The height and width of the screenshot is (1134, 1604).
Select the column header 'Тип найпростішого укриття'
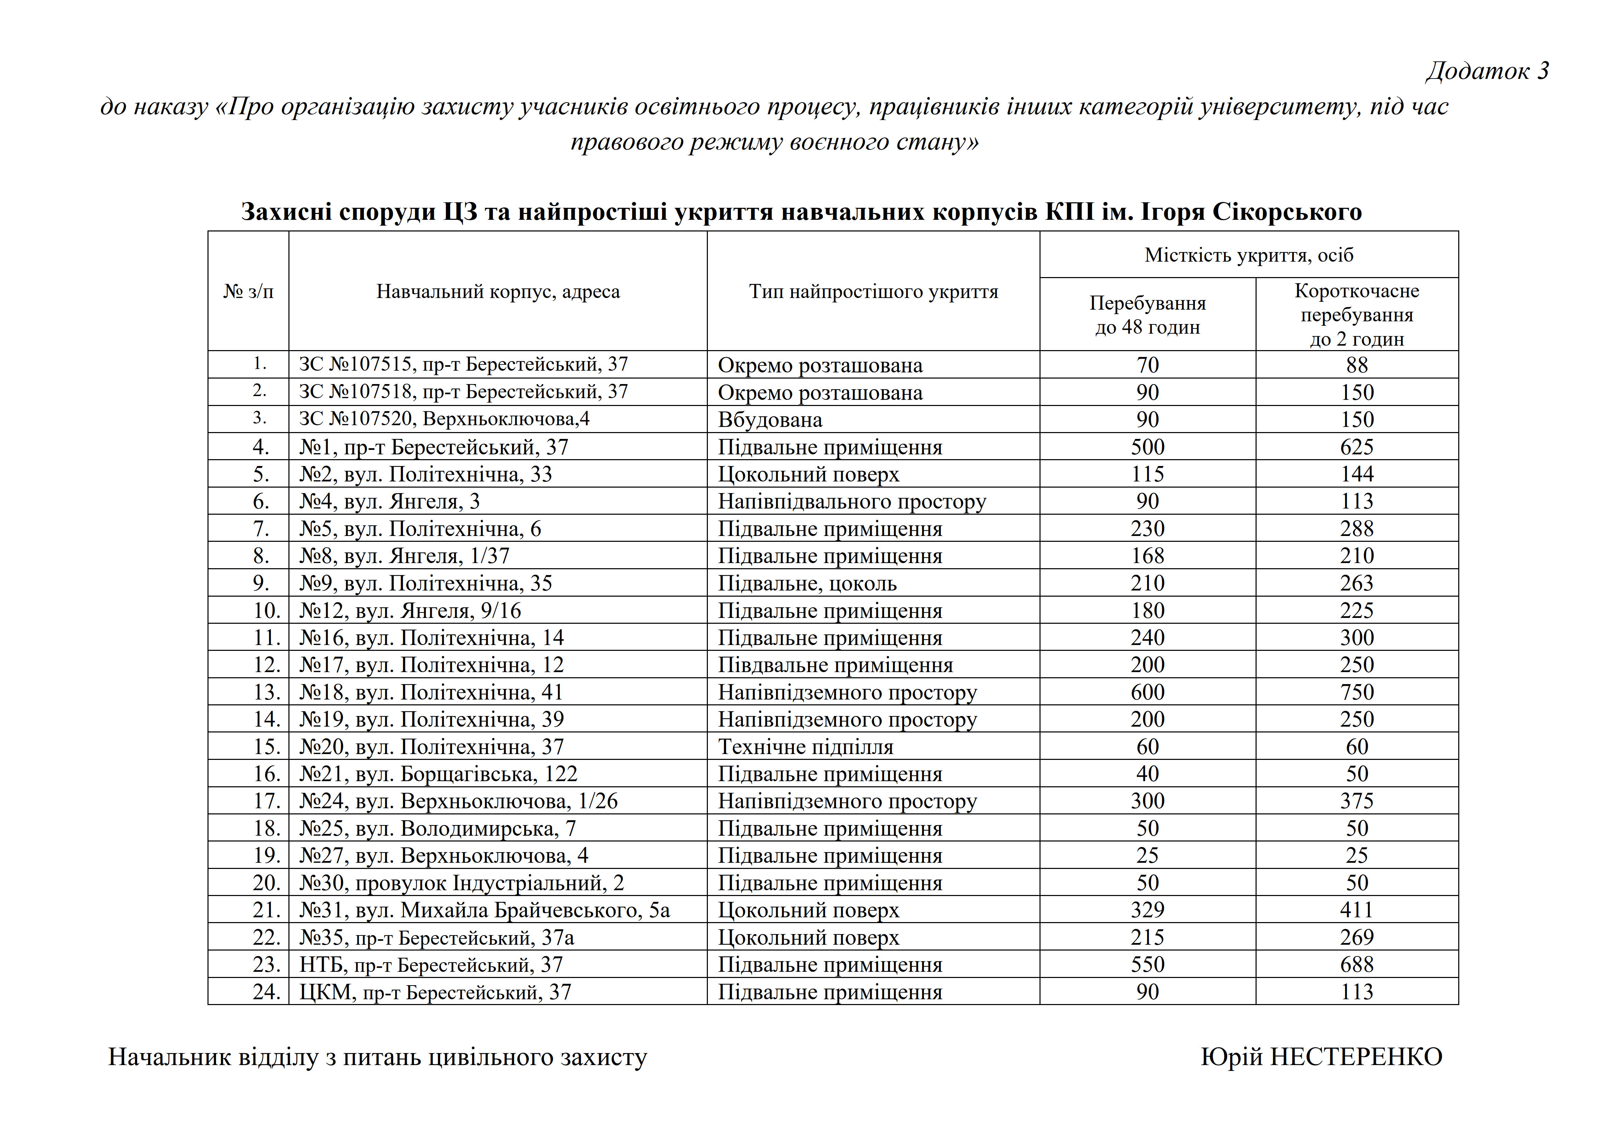pyautogui.click(x=873, y=291)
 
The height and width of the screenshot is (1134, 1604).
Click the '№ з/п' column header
pyautogui.click(x=248, y=291)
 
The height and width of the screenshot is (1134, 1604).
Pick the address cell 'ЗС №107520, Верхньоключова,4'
pyautogui.click(x=444, y=419)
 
